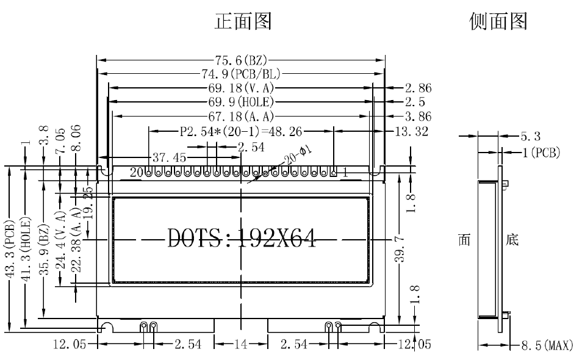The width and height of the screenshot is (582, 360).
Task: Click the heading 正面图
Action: (243, 22)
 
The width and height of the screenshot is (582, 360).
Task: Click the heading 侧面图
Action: (497, 22)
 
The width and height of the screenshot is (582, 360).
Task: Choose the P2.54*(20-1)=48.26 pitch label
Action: (242, 131)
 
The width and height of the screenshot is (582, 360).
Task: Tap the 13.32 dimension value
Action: (411, 131)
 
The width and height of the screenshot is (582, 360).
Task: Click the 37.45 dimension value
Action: (169, 157)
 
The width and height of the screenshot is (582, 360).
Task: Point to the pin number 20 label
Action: (136, 173)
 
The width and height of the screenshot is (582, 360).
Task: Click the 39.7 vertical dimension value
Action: (399, 250)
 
